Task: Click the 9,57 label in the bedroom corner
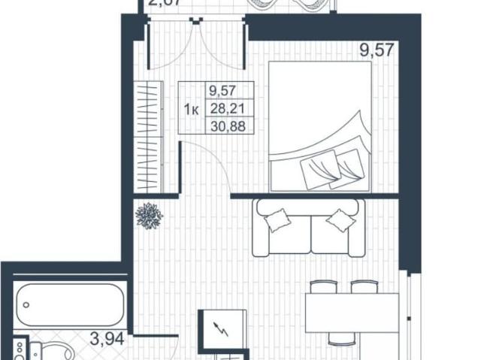tap(376, 52)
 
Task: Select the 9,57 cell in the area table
tap(223, 93)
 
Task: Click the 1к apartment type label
tap(191, 110)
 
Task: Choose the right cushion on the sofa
tap(340, 219)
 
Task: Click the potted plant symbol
tap(148, 216)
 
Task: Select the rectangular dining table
tap(351, 312)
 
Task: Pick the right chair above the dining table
tap(364, 286)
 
